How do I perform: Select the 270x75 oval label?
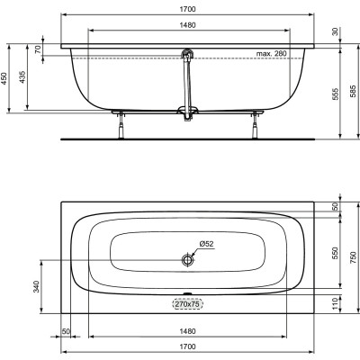[x=187, y=305]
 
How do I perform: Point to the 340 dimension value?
[x=36, y=288]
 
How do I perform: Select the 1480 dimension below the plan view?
[x=187, y=329]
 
